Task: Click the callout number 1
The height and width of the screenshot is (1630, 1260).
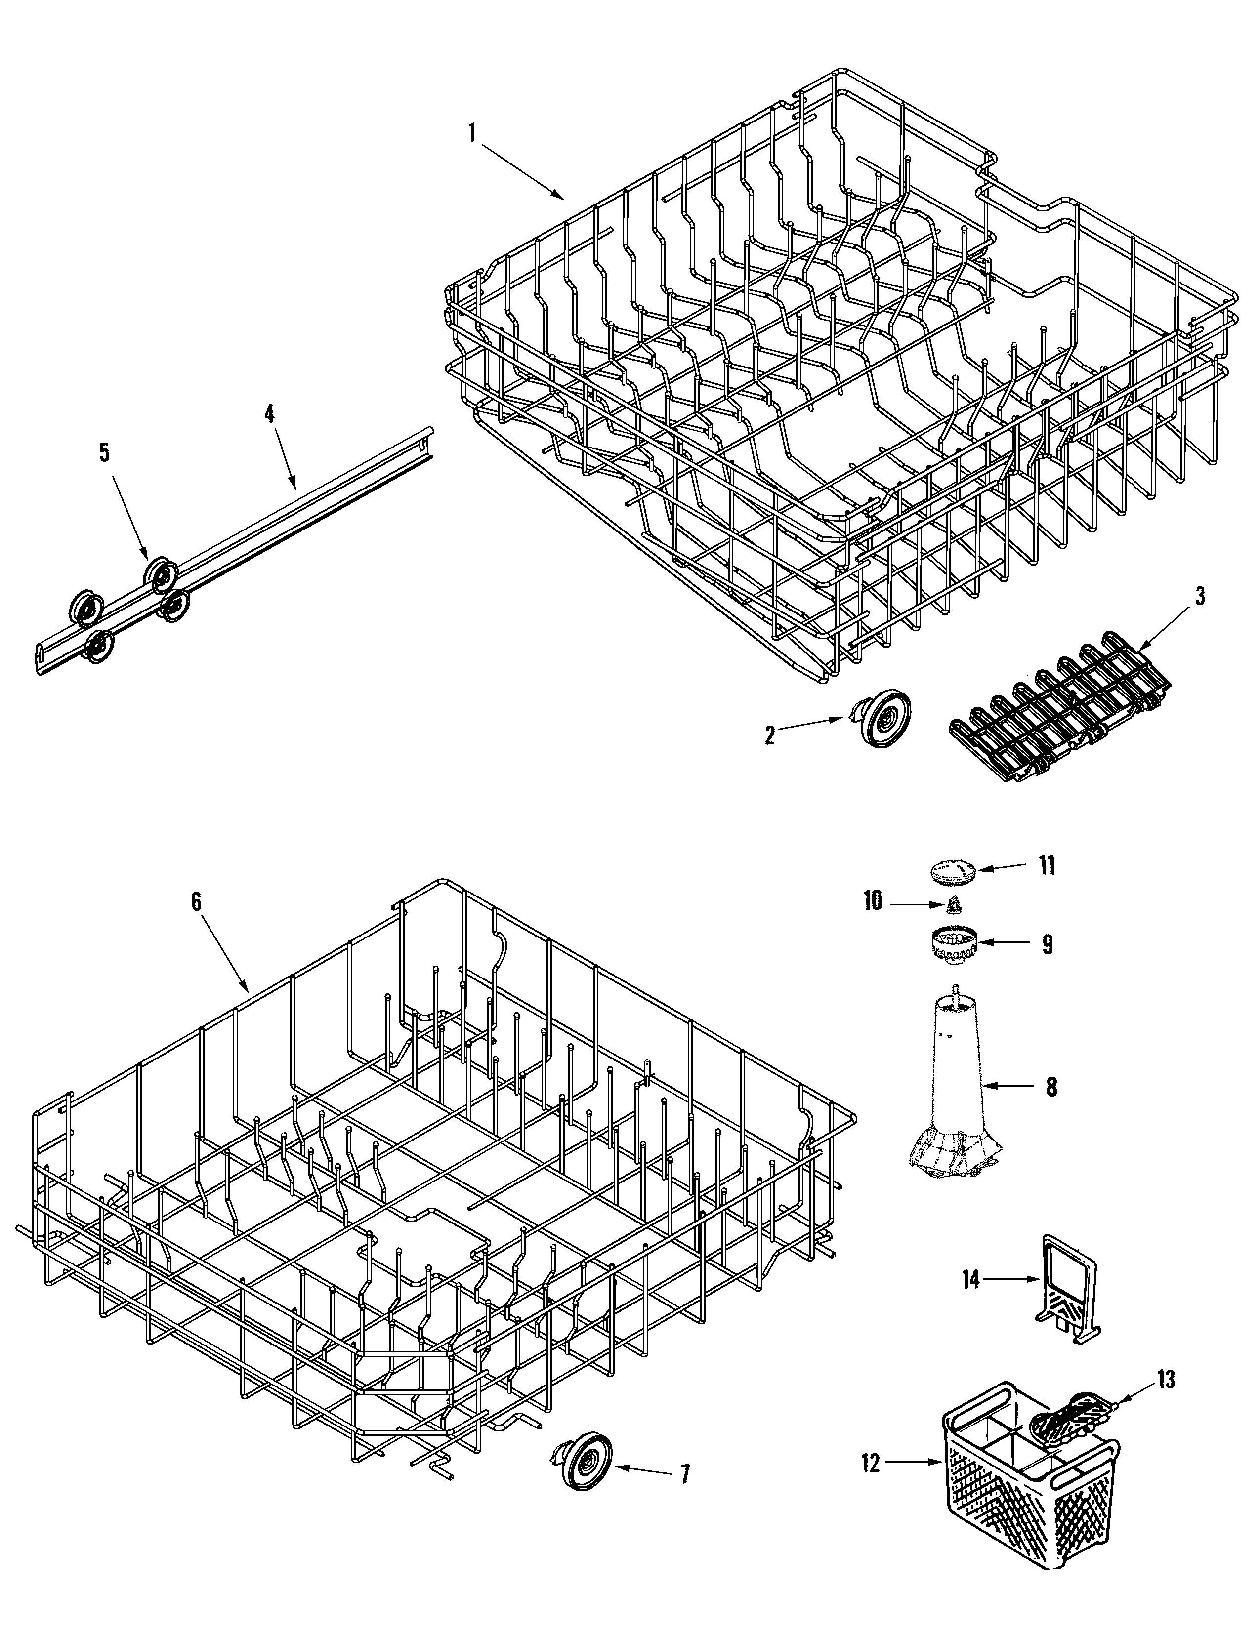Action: (472, 133)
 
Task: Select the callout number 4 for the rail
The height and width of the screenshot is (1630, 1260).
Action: (269, 414)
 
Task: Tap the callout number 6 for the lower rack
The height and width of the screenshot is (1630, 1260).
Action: (196, 901)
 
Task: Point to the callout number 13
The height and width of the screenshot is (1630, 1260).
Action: (1166, 1381)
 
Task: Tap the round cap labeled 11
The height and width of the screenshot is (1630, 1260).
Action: (953, 870)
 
